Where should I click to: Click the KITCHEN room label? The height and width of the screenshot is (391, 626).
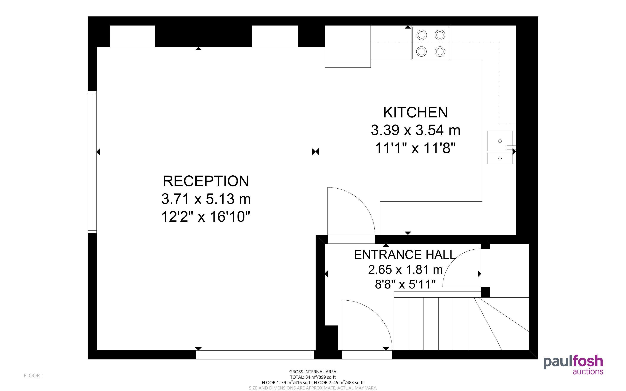click(x=415, y=112)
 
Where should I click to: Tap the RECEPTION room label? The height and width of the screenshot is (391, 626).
click(x=206, y=181)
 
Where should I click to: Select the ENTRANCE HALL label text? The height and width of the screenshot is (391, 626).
click(x=405, y=255)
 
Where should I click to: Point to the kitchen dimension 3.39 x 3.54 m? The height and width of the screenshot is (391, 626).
click(x=416, y=130)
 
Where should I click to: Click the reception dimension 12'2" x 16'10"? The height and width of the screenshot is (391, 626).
click(x=206, y=216)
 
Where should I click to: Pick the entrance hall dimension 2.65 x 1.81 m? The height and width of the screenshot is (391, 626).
click(x=405, y=270)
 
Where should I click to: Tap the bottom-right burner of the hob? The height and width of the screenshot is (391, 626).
click(x=440, y=51)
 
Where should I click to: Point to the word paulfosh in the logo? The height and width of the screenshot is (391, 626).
click(x=573, y=362)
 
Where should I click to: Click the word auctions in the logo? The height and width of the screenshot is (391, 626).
click(x=588, y=372)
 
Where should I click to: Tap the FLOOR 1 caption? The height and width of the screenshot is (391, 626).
click(x=34, y=375)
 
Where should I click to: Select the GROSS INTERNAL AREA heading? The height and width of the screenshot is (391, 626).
click(x=313, y=372)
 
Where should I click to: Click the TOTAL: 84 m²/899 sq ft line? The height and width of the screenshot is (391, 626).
click(x=313, y=377)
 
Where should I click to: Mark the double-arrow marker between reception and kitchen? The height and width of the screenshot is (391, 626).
click(x=315, y=152)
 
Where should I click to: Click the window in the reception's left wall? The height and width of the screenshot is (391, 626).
click(x=92, y=162)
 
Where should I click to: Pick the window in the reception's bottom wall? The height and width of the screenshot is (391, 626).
click(x=255, y=355)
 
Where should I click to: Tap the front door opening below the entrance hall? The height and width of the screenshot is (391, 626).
click(x=367, y=355)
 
